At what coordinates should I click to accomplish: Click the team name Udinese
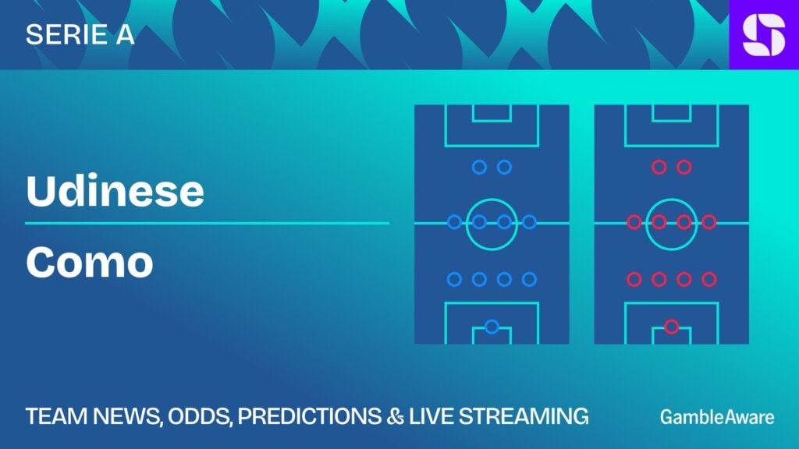(115, 190)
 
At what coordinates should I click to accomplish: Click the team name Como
(89, 262)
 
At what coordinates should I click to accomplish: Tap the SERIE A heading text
(80, 34)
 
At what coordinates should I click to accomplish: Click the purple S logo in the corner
(764, 34)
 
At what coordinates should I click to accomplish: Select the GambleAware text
(717, 417)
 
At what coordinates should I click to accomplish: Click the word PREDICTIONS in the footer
(309, 416)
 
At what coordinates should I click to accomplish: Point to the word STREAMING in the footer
(524, 416)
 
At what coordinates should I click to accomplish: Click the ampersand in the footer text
(395, 416)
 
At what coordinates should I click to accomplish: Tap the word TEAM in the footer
(56, 416)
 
